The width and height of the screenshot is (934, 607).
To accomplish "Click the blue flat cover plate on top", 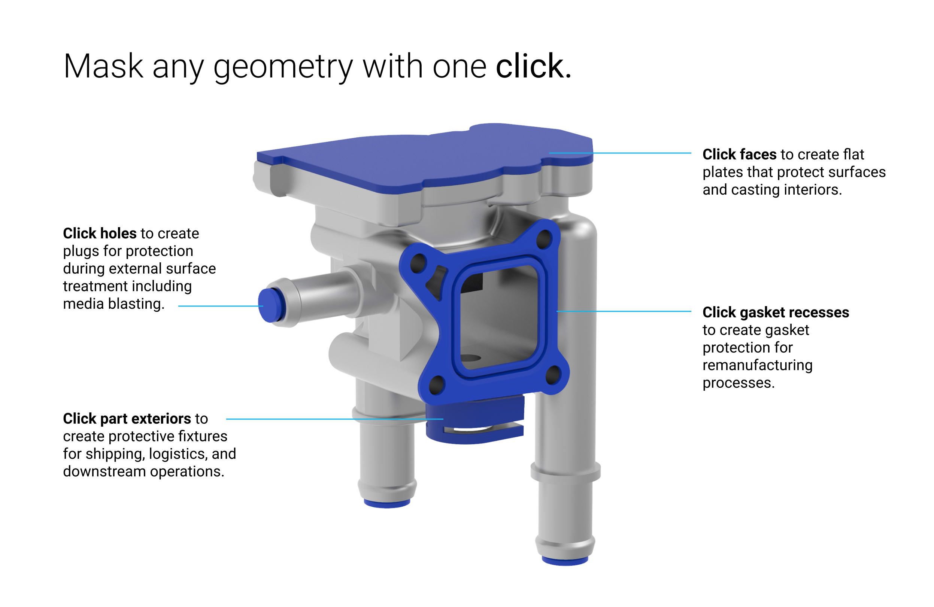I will (x=424, y=157).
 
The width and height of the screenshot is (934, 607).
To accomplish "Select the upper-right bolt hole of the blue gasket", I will (x=545, y=238).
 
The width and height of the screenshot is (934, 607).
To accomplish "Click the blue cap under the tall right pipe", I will (x=565, y=560).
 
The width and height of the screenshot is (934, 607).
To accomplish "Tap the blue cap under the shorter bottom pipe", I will (x=386, y=503).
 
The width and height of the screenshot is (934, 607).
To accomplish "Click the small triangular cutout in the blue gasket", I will (x=436, y=280).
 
